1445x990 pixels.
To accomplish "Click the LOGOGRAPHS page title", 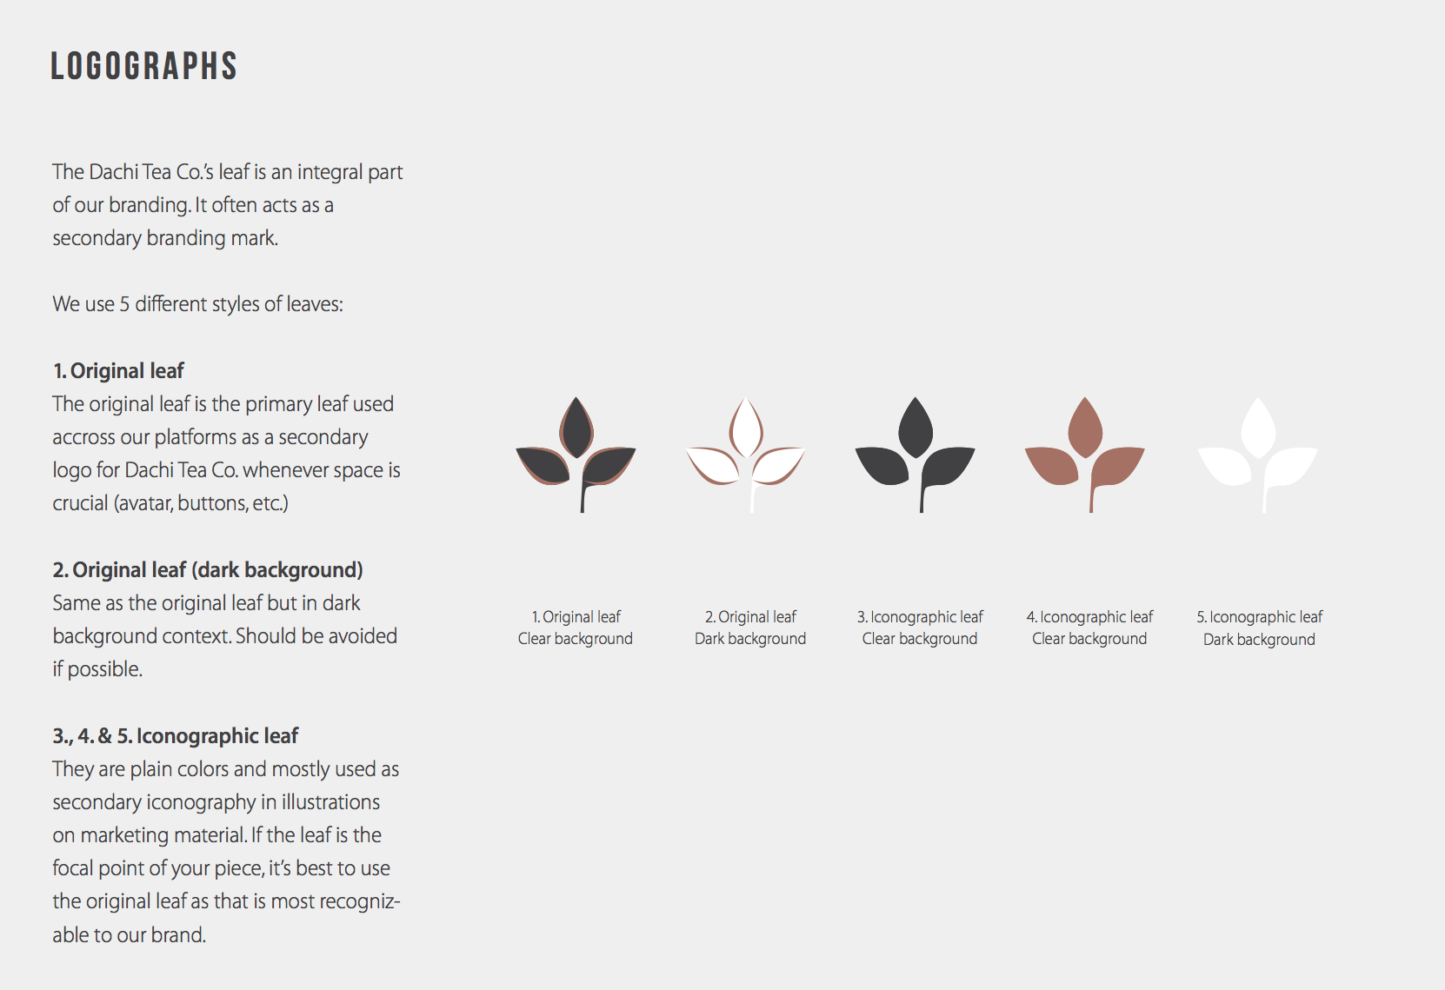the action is point(143,66).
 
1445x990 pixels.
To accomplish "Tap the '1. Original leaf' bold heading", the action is point(118,371).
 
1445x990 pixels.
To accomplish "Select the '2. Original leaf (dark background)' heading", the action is point(208,570).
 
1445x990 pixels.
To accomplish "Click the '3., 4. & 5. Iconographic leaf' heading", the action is point(176,736).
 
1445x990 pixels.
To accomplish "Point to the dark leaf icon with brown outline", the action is point(576,455).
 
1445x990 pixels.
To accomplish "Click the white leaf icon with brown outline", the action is point(745,455).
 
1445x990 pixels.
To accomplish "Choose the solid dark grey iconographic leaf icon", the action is point(915,455).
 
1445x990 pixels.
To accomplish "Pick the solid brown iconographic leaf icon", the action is point(1084,455).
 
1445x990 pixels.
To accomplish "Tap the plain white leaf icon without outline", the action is point(1258,455).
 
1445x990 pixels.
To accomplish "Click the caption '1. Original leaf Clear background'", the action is point(576,628).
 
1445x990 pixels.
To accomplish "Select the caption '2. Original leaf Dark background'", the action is point(750,628).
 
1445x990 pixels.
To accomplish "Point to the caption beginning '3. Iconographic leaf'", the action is point(920,628).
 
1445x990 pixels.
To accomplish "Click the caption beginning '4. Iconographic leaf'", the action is point(1089,628).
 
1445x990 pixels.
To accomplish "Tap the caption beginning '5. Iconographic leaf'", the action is point(1259,628).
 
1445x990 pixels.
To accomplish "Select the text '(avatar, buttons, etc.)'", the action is point(201,503).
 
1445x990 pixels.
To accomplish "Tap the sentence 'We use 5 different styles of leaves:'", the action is point(197,303).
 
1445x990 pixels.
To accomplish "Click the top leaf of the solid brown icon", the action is point(1085,427).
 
